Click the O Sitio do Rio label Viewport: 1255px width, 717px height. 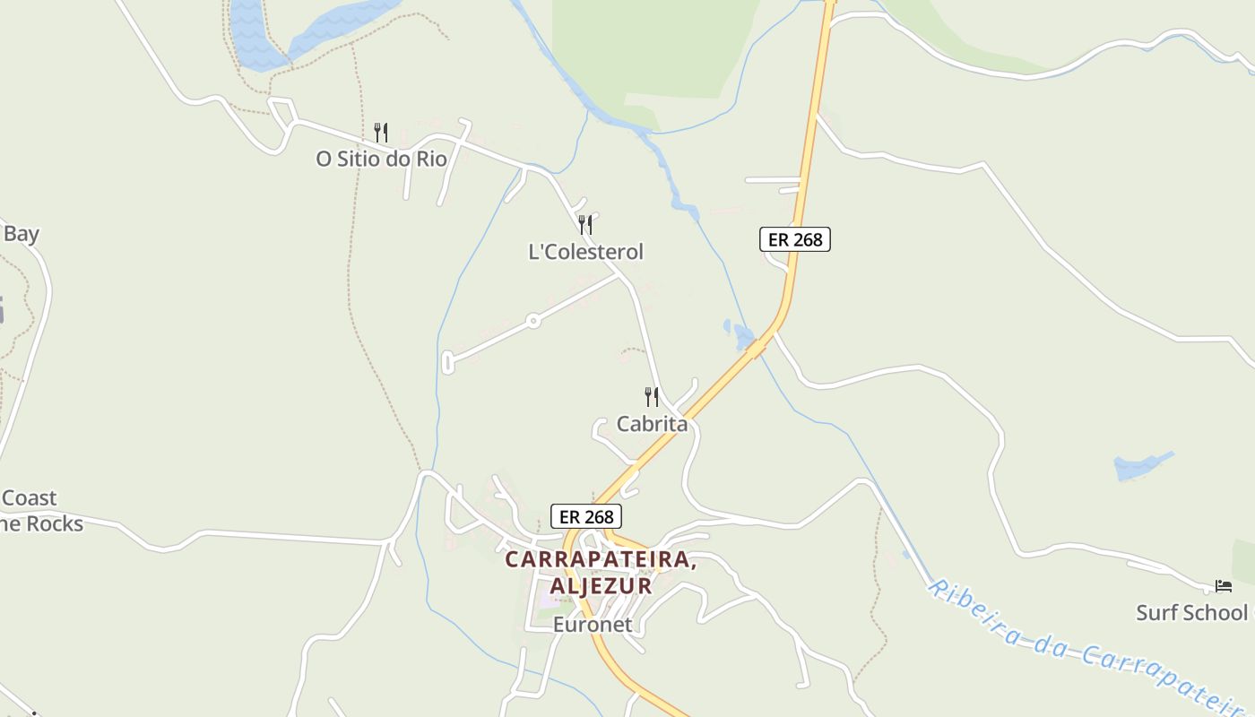coord(381,159)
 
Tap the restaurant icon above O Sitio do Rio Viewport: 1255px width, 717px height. coord(381,133)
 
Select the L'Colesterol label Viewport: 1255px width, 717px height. coord(585,252)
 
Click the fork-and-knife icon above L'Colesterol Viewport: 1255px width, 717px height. coord(585,224)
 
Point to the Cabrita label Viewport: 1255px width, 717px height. coord(652,424)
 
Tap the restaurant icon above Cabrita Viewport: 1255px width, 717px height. coord(652,396)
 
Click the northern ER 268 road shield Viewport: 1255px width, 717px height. coord(795,239)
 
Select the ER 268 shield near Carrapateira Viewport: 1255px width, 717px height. coord(586,516)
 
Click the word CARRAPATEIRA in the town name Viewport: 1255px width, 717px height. coord(601,559)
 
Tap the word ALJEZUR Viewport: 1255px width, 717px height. coord(601,585)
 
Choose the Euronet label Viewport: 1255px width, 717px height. coord(593,624)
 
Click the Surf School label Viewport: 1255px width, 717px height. coord(1191,613)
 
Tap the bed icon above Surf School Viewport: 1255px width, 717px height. coord(1224,586)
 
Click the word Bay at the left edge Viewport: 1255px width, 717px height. coord(21,234)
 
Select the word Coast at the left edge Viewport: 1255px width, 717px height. coord(29,498)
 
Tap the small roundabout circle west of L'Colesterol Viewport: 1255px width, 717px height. coord(532,320)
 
